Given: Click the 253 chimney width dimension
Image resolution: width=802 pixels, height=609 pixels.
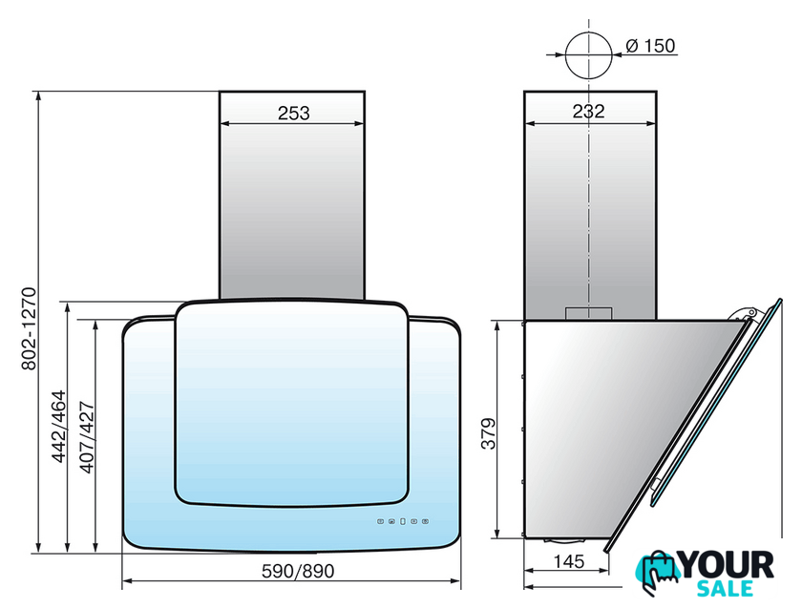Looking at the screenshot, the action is (294, 113).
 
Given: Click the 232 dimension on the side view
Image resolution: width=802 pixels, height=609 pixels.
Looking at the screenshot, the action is (588, 111).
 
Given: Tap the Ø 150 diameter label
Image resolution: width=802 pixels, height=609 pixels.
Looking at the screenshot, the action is (650, 46).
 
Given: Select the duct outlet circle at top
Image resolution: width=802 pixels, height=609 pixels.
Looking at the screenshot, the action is (589, 55).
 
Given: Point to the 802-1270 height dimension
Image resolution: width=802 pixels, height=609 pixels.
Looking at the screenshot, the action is (30, 328).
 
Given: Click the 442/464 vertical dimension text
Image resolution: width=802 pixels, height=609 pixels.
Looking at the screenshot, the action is (59, 427).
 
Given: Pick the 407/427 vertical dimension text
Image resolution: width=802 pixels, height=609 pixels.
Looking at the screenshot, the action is (87, 437).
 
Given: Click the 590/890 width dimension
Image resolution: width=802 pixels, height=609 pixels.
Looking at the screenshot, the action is (298, 571).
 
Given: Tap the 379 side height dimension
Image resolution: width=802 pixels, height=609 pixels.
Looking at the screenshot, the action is (489, 433).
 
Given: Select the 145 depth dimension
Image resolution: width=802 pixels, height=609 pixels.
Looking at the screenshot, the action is (569, 561).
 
